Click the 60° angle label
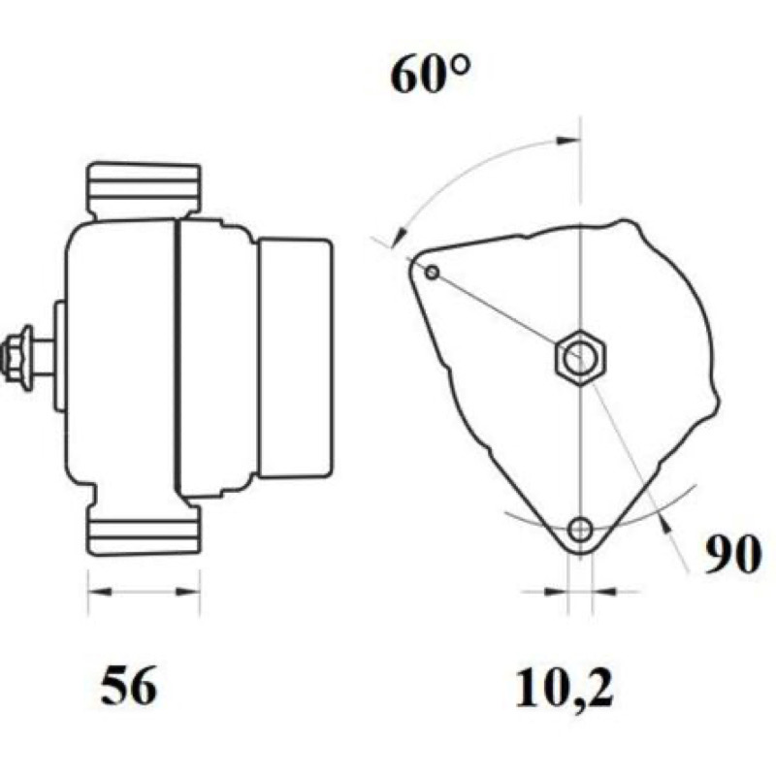430,75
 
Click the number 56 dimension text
128,687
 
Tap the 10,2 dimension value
565,688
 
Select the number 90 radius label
732,554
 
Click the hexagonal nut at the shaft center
580,355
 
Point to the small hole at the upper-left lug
433,273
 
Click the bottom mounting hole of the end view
580,530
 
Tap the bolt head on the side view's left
17,355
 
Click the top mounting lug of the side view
144,191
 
